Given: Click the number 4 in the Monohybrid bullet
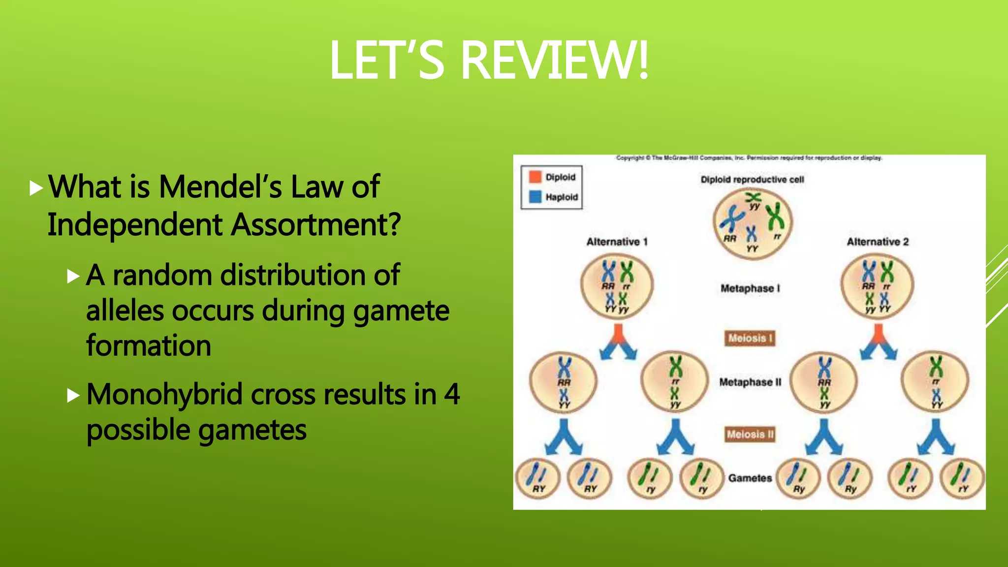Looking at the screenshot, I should click(x=451, y=395).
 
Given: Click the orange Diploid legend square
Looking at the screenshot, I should click(x=535, y=177).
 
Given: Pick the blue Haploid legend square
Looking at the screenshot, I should click(x=535, y=197).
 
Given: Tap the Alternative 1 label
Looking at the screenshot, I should click(x=617, y=242).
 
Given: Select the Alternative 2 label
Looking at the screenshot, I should click(x=878, y=242).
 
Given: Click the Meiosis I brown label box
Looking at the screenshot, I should click(x=750, y=338).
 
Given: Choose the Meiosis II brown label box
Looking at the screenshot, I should click(x=750, y=434).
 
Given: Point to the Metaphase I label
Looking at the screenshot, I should click(x=750, y=288).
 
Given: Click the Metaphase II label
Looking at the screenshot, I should click(x=750, y=382).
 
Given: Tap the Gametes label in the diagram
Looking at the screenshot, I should click(x=750, y=478).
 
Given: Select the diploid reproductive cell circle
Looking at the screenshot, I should click(x=752, y=224).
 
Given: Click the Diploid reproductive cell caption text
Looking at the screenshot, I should click(x=752, y=180).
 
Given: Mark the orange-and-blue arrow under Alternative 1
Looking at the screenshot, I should click(x=618, y=342).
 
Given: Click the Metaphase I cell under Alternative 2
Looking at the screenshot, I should click(x=877, y=286).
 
